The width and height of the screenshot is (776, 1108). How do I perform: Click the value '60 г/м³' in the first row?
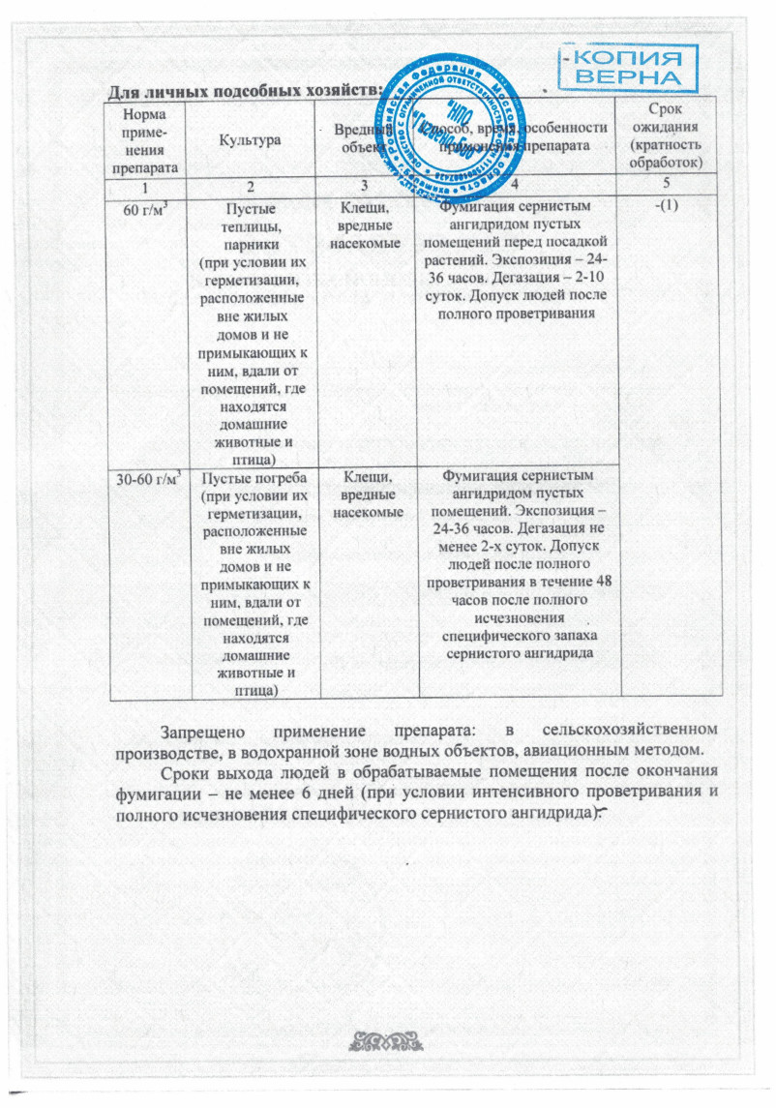point(143,206)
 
